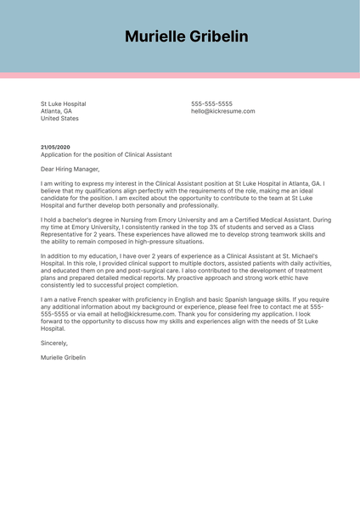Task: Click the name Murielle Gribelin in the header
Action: [186, 36]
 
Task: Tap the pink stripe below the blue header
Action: [180, 76]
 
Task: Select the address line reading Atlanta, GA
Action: [56, 111]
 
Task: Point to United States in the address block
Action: [59, 119]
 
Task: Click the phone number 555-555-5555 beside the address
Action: [211, 103]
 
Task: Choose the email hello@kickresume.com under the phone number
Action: [222, 111]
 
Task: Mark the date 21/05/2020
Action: [55, 148]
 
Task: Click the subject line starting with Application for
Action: [106, 155]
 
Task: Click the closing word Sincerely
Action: [54, 343]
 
